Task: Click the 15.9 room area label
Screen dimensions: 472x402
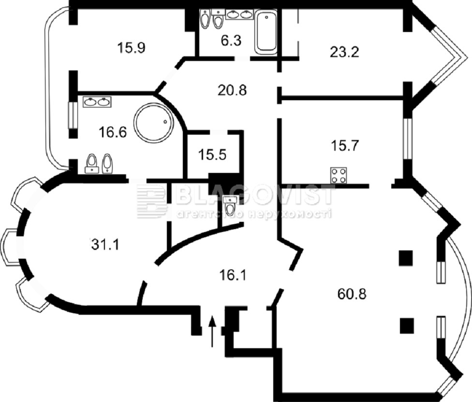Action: pos(132,47)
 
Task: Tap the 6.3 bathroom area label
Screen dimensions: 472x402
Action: pos(231,40)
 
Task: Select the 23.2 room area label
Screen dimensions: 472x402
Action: pos(344,52)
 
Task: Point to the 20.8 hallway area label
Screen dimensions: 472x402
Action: pos(232,90)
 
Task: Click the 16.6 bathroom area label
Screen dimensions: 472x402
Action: pos(113,132)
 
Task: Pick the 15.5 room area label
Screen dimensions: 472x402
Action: pos(212,155)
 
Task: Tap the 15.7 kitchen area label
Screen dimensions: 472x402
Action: pos(345,146)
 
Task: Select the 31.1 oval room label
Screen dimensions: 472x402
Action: pos(105,244)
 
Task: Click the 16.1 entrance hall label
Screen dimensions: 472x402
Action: pos(233,275)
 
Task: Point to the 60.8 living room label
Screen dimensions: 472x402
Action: pos(352,294)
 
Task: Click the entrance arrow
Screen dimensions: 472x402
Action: pos(212,331)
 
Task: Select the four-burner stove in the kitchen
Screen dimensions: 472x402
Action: pos(339,175)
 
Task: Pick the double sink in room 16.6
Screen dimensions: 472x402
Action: pos(97,102)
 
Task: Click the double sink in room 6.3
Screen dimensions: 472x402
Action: pos(239,14)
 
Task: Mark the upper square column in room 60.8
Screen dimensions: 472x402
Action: pos(406,258)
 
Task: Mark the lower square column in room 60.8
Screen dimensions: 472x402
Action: pos(407,326)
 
